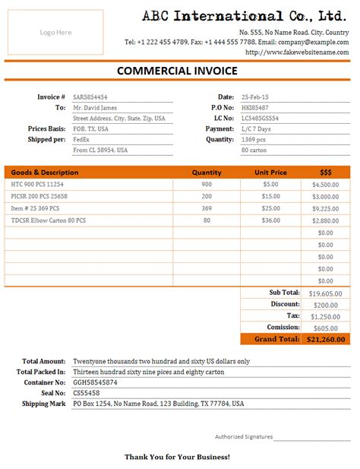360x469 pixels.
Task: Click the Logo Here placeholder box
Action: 55,33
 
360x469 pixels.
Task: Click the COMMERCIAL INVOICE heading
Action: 177,71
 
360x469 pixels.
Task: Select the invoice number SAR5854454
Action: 90,97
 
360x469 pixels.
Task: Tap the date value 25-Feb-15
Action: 254,97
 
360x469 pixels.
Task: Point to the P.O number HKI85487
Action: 254,108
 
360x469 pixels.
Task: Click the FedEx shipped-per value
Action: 81,140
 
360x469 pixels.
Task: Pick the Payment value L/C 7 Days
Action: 257,129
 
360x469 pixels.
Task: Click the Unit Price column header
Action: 270,173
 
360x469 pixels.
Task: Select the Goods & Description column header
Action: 45,173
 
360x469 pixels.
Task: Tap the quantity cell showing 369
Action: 207,208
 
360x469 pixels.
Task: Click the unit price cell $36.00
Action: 270,220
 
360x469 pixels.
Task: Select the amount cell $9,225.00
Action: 325,208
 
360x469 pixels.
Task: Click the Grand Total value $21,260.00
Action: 325,340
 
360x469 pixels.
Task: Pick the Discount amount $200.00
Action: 328,305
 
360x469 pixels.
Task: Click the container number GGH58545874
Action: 95,382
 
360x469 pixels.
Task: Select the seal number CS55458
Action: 86,393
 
